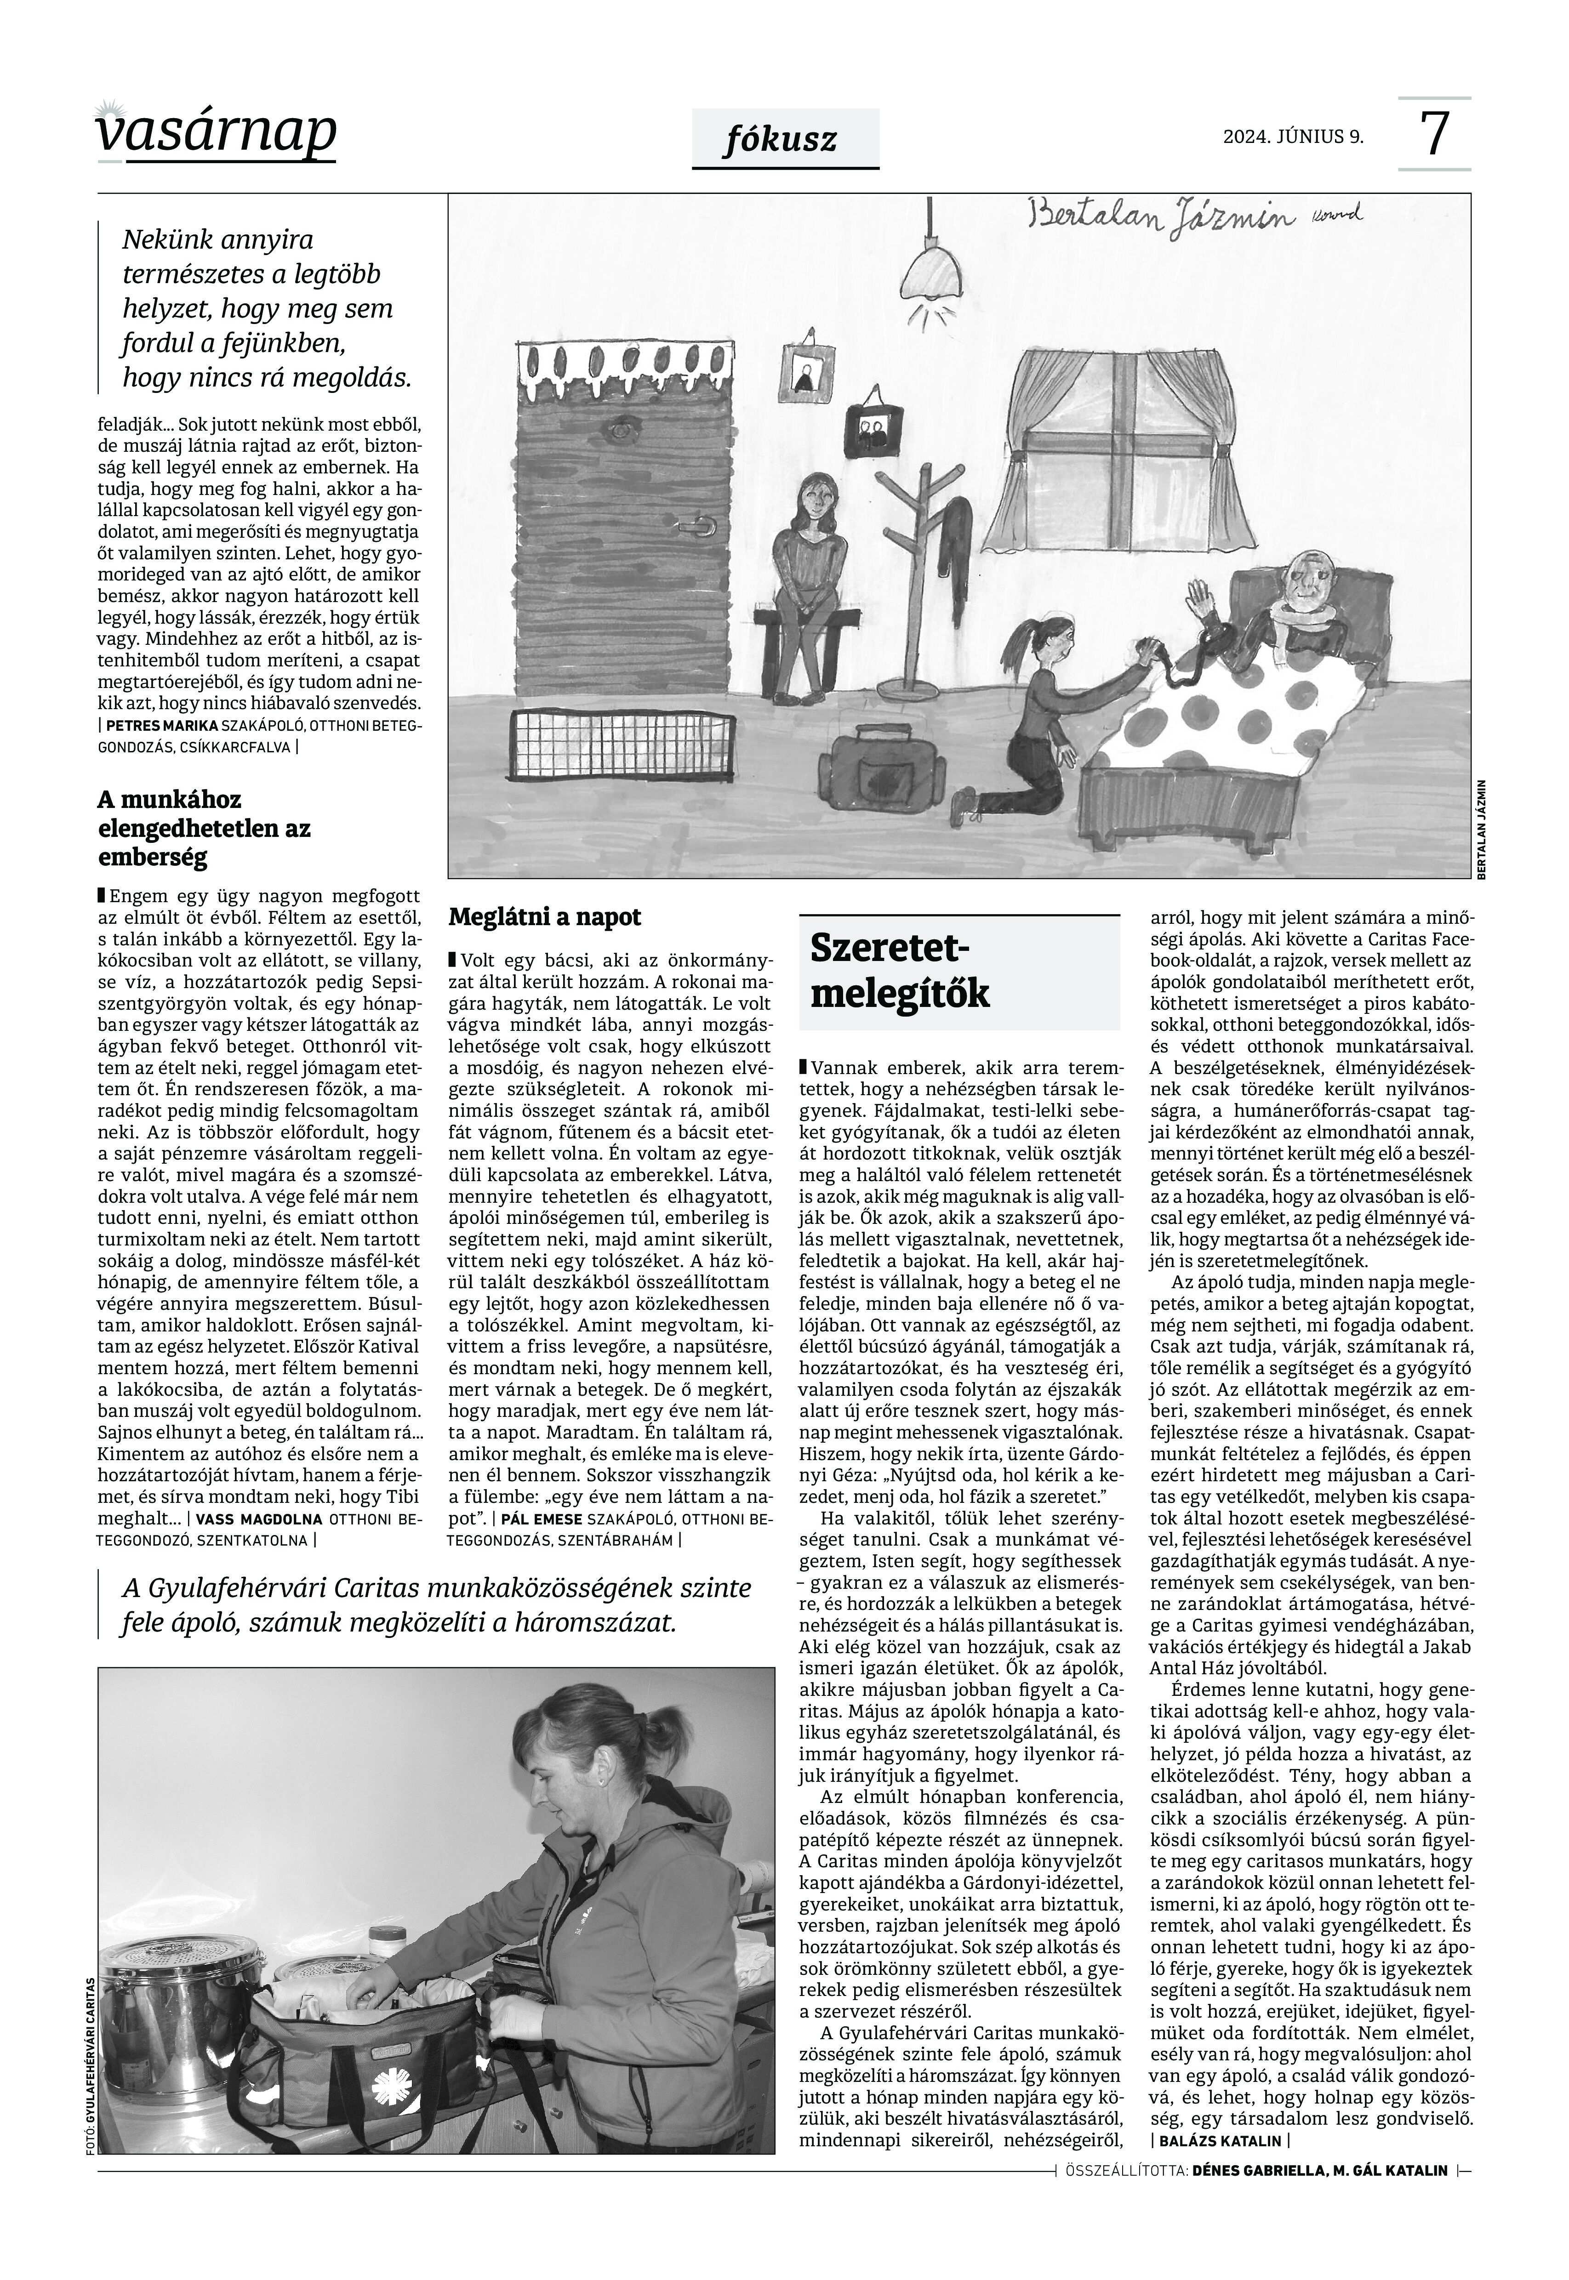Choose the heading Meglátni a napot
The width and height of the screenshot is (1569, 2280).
click(x=545, y=917)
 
